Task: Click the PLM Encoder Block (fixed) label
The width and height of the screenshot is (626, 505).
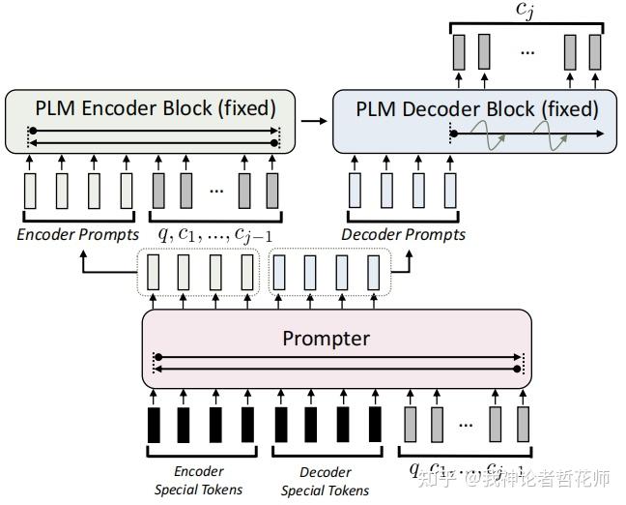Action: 154,107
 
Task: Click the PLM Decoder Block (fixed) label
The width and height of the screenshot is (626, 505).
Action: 476,108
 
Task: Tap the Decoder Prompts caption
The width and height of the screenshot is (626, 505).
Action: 403,234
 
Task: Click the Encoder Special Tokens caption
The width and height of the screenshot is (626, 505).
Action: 199,480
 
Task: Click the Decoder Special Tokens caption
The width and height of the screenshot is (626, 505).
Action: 325,480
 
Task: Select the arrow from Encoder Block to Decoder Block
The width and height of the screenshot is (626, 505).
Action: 311,121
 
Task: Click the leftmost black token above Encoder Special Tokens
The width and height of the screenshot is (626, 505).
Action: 155,425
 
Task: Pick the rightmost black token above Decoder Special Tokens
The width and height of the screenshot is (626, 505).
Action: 373,425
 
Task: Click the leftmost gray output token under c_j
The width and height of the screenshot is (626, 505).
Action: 458,51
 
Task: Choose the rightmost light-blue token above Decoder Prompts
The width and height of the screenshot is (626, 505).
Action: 450,188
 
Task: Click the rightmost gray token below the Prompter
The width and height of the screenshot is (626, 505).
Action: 523,425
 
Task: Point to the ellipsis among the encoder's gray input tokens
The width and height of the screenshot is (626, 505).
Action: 215,190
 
